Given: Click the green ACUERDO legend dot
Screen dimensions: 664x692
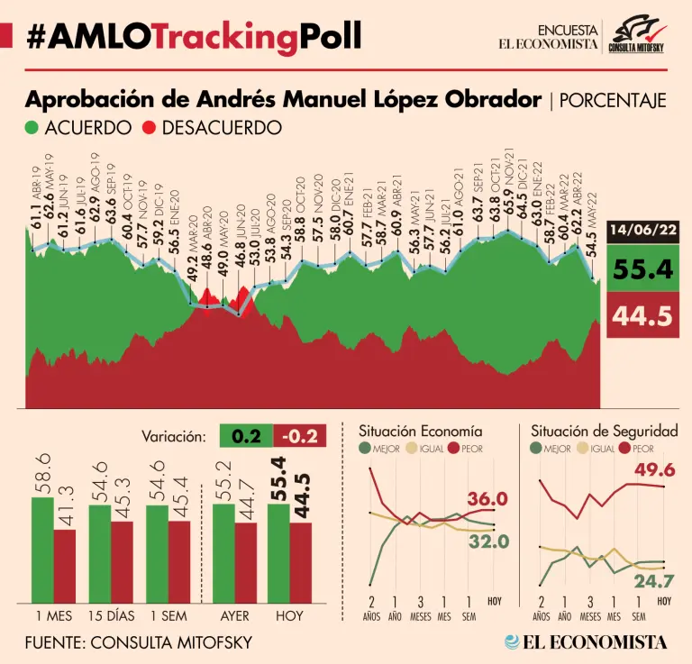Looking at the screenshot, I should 32,128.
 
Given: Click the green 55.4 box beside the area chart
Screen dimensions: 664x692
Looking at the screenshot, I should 642,268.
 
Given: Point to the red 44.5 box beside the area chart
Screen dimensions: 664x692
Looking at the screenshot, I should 642,316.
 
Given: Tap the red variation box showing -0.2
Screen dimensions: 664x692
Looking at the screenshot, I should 301,437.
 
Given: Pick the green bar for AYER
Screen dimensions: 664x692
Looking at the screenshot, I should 223,553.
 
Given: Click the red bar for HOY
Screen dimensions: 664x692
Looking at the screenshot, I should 300,562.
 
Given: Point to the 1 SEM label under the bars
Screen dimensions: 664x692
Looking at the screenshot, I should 168,618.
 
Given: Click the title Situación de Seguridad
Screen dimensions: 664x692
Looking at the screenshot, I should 604,432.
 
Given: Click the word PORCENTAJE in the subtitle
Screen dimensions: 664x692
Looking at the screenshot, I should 613,100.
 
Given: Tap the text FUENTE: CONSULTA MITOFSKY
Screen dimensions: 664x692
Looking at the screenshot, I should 139,642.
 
